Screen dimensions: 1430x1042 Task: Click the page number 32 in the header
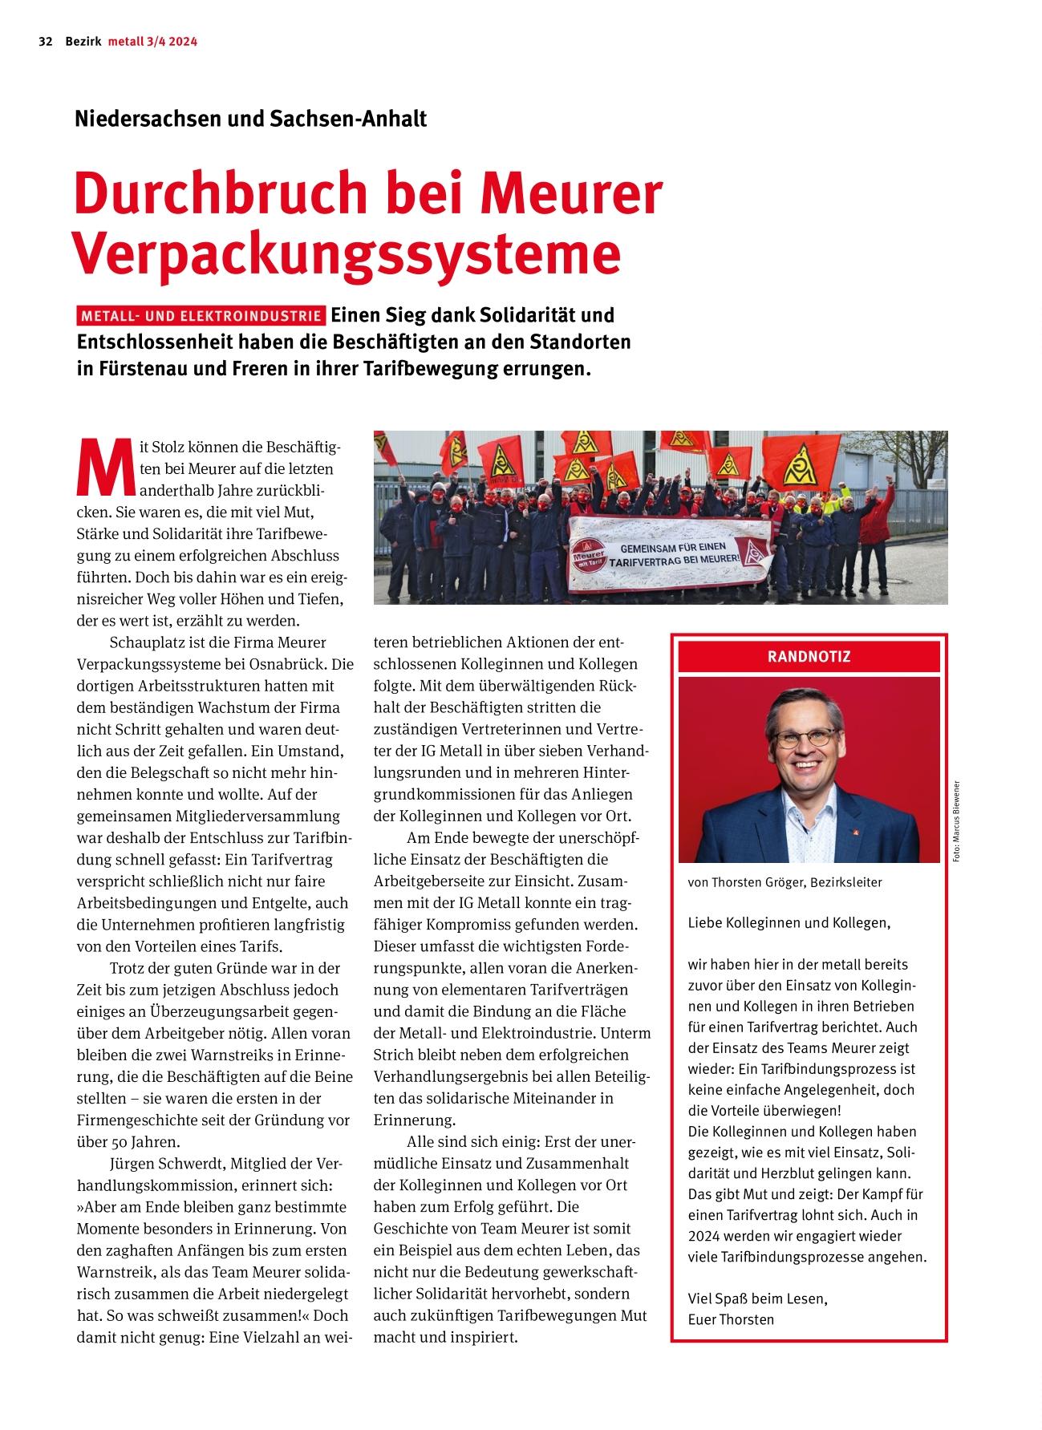[45, 42]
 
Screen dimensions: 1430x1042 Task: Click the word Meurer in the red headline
[576, 193]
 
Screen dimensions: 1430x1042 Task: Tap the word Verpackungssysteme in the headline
[347, 253]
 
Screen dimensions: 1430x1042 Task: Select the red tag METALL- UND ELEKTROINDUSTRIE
[201, 316]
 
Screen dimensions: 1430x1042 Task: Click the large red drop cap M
[104, 468]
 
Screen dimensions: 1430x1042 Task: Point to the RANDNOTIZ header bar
[809, 657]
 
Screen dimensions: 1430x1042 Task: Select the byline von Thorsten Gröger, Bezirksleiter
[785, 882]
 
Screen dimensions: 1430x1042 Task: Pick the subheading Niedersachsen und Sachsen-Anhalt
[250, 119]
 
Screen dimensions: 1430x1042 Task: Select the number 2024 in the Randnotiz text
[703, 1236]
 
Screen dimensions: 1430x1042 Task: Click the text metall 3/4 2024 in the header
[152, 42]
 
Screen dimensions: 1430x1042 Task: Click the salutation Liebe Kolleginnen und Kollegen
[789, 922]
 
